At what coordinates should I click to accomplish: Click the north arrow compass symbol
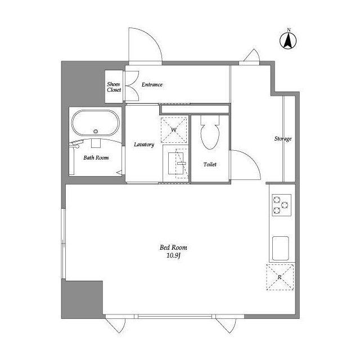click(288, 40)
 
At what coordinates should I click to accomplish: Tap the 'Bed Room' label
click(173, 247)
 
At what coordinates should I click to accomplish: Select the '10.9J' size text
click(173, 255)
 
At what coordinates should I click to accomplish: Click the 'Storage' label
click(283, 139)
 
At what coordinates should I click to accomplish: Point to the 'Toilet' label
click(210, 164)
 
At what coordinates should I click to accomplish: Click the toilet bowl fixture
click(210, 133)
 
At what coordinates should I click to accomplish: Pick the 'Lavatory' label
click(144, 145)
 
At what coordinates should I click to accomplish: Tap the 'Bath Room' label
click(96, 157)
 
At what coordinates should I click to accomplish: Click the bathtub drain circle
click(96, 132)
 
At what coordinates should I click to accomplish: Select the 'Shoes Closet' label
click(114, 87)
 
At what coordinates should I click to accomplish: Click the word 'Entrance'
click(152, 85)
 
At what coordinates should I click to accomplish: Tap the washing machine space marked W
click(174, 130)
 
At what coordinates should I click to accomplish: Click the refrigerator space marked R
click(280, 277)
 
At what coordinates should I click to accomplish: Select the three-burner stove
click(282, 205)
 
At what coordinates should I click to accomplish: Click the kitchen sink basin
click(280, 249)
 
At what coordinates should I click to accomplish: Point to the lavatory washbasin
click(175, 163)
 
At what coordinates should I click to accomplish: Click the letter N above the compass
click(289, 30)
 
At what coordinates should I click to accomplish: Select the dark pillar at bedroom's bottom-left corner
click(82, 299)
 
